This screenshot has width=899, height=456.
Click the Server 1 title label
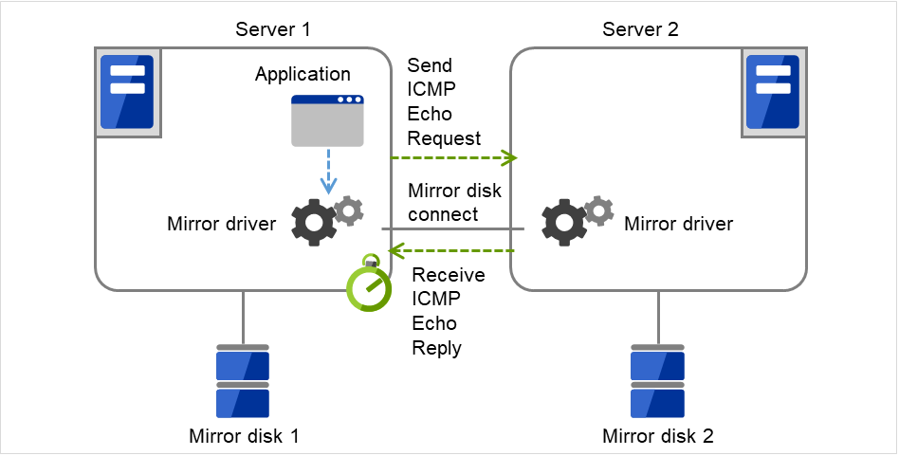click(273, 29)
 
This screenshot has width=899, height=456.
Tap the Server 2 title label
click(641, 29)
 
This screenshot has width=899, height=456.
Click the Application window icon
click(327, 120)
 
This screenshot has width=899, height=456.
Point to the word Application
click(303, 74)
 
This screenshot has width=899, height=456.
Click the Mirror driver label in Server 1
click(222, 225)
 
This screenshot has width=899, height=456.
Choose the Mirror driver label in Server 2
click(678, 225)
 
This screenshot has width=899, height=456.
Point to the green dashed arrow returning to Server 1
click(453, 251)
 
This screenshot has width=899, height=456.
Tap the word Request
click(444, 138)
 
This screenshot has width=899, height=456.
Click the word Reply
click(436, 348)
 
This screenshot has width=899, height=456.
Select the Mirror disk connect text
click(455, 203)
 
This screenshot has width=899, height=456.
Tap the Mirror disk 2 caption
click(658, 437)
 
